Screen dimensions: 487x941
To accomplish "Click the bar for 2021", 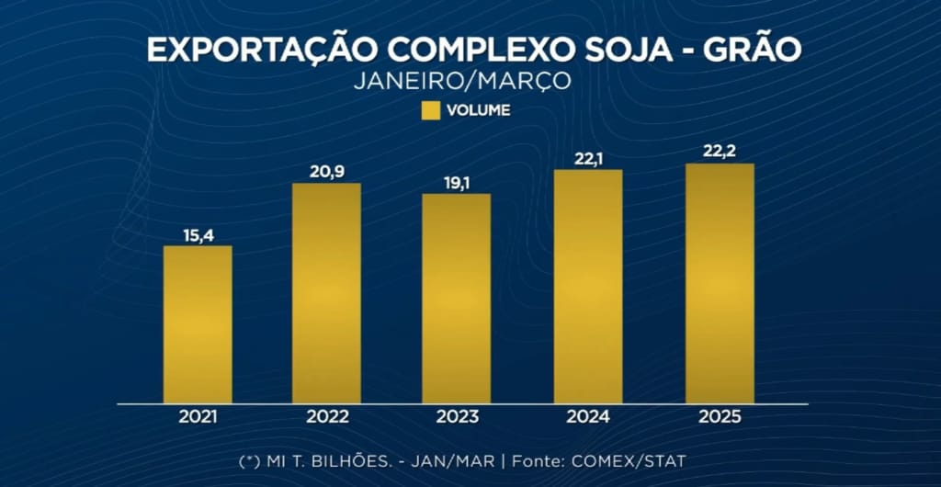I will tap(198, 324).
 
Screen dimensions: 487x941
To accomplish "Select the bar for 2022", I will tap(327, 293).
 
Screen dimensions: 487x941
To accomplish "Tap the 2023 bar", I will tap(457, 299).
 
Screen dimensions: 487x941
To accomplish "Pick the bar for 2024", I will tap(588, 287).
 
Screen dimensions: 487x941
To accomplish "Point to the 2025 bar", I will tap(720, 283).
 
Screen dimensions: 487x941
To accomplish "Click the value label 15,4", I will tap(198, 236).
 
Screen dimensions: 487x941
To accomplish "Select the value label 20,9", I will tap(327, 173).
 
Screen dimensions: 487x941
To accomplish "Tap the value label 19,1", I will tap(457, 184).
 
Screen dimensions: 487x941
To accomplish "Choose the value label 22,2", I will tap(720, 153).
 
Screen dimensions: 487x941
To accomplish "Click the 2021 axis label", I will tap(198, 416).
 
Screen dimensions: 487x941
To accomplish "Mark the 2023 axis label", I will tap(457, 416).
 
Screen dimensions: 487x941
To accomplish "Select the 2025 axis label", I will tap(720, 416).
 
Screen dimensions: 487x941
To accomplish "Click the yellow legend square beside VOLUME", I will tap(430, 111).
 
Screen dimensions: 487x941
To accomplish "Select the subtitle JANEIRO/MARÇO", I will tap(461, 81).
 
